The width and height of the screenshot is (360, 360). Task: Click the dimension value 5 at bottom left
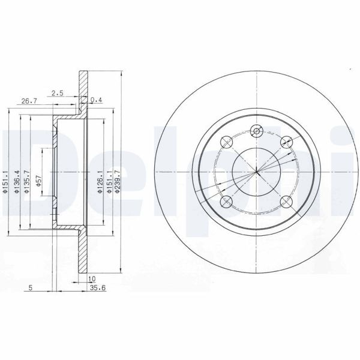[x=30, y=287]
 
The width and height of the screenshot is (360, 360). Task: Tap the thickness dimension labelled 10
[x=92, y=280]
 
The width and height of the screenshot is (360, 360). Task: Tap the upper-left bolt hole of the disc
[x=227, y=142]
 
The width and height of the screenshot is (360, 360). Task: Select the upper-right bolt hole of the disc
[x=287, y=142]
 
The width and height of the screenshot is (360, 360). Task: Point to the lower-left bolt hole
[x=227, y=202]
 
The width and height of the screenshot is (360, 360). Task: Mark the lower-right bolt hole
[x=287, y=202]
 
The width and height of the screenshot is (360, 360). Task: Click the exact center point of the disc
[x=257, y=172]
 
